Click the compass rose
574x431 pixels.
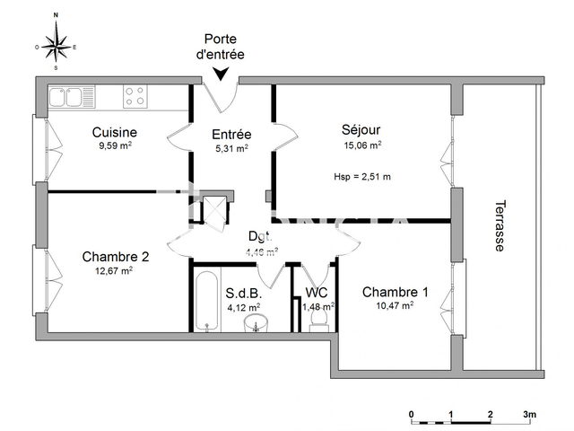tap(56, 41)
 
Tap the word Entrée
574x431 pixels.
tap(230, 135)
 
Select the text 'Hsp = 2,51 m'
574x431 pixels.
tap(361, 176)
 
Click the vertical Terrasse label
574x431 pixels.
tap(500, 225)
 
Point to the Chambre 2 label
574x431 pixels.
tap(115, 256)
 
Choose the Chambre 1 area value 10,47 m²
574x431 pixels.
tap(396, 305)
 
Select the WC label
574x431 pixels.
tap(317, 292)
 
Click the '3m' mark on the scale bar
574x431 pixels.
tap(529, 414)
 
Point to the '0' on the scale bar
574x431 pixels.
tap(411, 414)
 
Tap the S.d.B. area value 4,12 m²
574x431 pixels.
tap(242, 306)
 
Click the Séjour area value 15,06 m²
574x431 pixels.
tap(361, 144)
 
